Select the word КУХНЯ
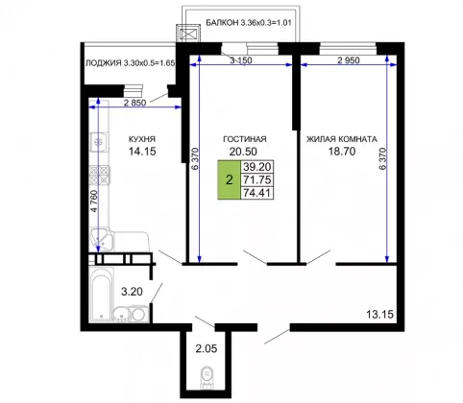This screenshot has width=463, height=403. (x=142, y=139)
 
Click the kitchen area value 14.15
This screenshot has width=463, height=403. (x=142, y=151)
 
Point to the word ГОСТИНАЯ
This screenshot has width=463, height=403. (x=245, y=139)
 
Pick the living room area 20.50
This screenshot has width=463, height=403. (x=243, y=152)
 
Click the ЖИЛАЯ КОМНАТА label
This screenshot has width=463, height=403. (x=342, y=139)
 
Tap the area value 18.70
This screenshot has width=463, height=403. (x=342, y=151)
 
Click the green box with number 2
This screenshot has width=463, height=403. (x=229, y=179)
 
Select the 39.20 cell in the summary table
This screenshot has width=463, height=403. (x=257, y=167)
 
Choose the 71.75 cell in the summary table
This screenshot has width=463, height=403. (x=257, y=179)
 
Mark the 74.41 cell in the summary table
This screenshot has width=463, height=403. (x=257, y=193)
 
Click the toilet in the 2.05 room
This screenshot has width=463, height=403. (x=207, y=377)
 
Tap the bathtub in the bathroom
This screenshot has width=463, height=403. (x=101, y=295)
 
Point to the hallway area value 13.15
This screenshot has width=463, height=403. (x=379, y=315)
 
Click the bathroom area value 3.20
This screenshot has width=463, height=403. (x=132, y=292)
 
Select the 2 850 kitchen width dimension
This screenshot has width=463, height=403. (x=134, y=103)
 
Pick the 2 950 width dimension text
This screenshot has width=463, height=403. (x=349, y=60)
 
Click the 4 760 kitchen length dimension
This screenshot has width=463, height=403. (x=93, y=201)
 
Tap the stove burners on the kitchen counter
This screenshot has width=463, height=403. (x=100, y=176)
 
